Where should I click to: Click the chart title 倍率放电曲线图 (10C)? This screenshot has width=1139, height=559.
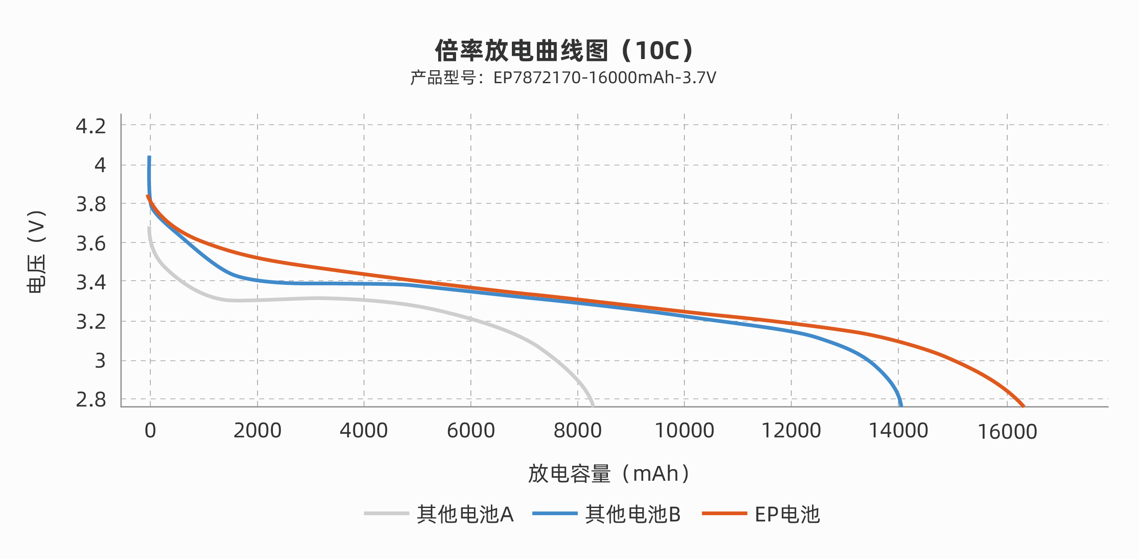pyautogui.click(x=564, y=50)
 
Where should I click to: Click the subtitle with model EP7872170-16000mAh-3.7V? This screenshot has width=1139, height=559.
pyautogui.click(x=563, y=78)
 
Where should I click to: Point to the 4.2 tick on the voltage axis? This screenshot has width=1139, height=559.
pyautogui.click(x=91, y=126)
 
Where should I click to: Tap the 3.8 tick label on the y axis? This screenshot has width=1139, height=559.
pyautogui.click(x=91, y=204)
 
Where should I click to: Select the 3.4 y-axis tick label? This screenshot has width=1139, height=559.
pyautogui.click(x=91, y=283)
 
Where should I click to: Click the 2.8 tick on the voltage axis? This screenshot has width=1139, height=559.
pyautogui.click(x=91, y=400)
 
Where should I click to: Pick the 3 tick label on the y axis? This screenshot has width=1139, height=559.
pyautogui.click(x=100, y=360)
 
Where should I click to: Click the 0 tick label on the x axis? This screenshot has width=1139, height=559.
pyautogui.click(x=150, y=431)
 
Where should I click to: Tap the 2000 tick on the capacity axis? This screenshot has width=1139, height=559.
pyautogui.click(x=257, y=431)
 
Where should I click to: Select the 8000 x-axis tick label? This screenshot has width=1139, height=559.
pyautogui.click(x=578, y=431)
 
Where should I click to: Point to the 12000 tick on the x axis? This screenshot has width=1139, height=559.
pyautogui.click(x=791, y=431)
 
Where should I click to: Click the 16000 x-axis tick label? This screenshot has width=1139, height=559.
pyautogui.click(x=1007, y=432)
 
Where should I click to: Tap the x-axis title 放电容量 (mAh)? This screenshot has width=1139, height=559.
pyautogui.click(x=608, y=474)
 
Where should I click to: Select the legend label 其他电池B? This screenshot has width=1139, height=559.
pyautogui.click(x=632, y=514)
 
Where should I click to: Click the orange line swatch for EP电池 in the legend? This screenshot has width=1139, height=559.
pyautogui.click(x=724, y=513)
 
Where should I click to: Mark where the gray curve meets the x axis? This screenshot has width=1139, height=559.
pyautogui.click(x=593, y=406)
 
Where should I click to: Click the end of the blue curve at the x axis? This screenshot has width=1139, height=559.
pyautogui.click(x=901, y=406)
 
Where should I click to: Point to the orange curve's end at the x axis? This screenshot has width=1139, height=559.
pyautogui.click(x=1023, y=406)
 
